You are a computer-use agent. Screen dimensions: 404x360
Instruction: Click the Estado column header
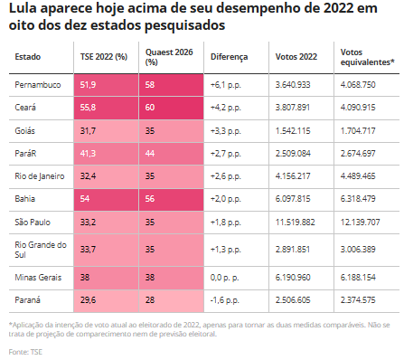(28, 57)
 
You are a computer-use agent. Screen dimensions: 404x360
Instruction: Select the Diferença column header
(229, 57)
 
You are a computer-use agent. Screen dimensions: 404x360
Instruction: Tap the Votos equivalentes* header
(367, 57)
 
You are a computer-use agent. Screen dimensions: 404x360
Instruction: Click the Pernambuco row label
(38, 85)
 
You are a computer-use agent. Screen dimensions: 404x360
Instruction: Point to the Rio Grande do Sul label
(41, 250)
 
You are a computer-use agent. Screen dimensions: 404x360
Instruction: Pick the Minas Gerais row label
(38, 278)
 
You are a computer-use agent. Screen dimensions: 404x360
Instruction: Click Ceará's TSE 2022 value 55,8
(88, 108)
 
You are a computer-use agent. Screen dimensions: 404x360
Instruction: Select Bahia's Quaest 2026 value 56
(150, 199)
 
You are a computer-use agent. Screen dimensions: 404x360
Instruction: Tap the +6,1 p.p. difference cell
(226, 85)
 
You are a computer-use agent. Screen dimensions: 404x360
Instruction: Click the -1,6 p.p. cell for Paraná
(225, 300)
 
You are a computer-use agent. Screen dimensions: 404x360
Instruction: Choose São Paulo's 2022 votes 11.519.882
(295, 223)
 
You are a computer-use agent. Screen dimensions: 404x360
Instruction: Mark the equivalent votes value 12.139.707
(360, 223)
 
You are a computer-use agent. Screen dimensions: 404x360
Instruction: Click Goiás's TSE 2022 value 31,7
(88, 131)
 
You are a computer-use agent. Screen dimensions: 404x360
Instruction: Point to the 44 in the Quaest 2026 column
(150, 154)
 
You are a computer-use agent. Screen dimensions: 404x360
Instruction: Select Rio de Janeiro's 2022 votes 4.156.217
(293, 176)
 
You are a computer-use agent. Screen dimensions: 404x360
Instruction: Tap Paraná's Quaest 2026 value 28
(150, 300)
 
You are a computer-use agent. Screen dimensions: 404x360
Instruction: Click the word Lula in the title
(23, 8)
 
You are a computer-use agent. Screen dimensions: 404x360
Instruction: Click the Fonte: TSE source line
(25, 352)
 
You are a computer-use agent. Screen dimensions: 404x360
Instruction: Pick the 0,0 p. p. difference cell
(225, 278)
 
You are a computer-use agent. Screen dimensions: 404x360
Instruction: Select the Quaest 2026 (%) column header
(169, 57)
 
